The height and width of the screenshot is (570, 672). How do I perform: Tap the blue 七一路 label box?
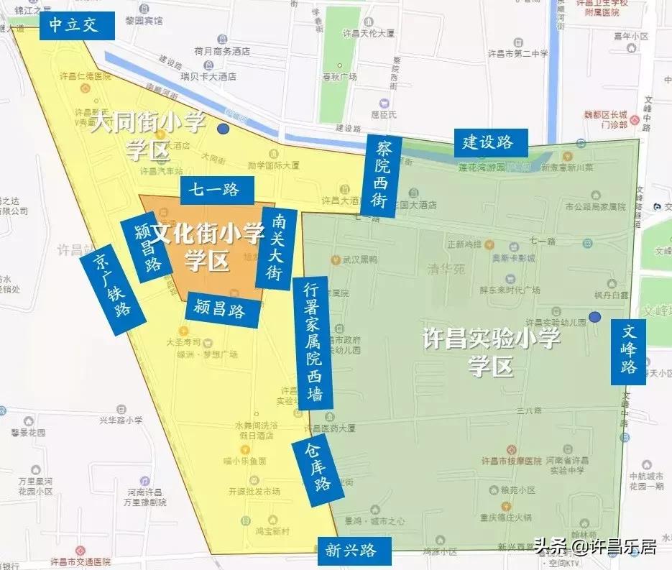click(x=218, y=190)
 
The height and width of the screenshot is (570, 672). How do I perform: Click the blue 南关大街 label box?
click(x=275, y=248)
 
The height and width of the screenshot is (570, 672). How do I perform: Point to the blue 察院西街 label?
click(x=381, y=175)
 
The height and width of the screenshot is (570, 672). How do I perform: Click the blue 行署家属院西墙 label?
click(x=313, y=343)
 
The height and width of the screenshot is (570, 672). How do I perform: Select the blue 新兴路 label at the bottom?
click(x=352, y=551)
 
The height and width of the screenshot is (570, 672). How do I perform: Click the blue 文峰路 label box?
click(x=628, y=351)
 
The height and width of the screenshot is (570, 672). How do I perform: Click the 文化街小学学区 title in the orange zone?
click(x=208, y=248)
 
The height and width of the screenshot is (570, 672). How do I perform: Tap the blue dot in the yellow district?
click(x=224, y=129)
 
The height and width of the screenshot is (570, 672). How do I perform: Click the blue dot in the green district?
click(x=594, y=317)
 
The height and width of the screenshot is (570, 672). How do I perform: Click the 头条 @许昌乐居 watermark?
click(x=594, y=548)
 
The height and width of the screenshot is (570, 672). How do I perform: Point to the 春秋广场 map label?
click(x=339, y=76)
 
